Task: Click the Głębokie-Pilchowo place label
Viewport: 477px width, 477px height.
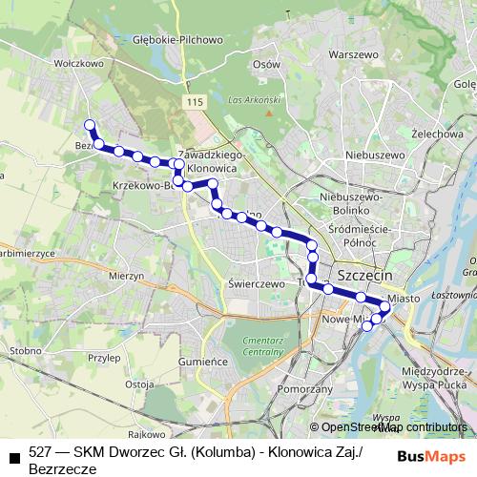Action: [178, 40]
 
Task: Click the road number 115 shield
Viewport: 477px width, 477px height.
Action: [197, 102]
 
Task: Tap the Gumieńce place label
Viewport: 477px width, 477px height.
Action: [204, 362]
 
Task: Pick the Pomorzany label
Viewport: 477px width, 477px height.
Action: [302, 390]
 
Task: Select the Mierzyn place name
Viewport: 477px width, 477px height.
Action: [126, 274]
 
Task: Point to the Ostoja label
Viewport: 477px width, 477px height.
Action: [139, 384]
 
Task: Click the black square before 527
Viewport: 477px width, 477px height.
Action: [13, 457]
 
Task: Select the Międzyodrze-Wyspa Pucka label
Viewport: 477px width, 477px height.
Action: [438, 376]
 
